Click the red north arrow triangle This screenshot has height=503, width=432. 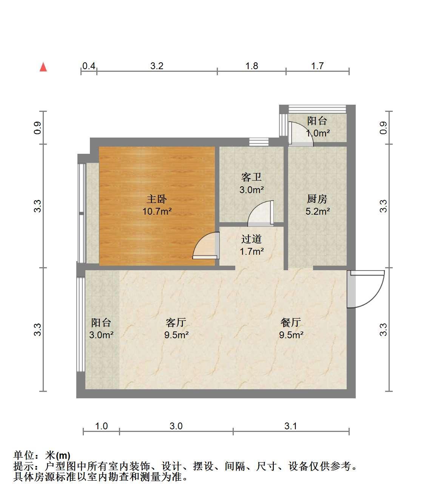(x=43, y=67)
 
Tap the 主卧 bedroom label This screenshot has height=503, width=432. (x=157, y=199)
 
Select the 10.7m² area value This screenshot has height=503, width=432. (x=157, y=211)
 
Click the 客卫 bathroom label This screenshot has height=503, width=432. (x=251, y=177)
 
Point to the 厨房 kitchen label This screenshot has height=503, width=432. (x=317, y=199)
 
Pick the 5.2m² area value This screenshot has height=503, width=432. (x=318, y=211)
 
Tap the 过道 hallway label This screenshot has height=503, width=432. (x=251, y=239)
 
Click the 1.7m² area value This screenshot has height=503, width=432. (x=252, y=251)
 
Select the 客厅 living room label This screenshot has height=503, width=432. (x=176, y=323)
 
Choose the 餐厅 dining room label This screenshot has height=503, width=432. (x=291, y=323)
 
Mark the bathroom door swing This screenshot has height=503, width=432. (x=261, y=213)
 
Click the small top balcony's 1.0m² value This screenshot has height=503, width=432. (x=318, y=133)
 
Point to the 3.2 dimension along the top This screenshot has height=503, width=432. (x=157, y=66)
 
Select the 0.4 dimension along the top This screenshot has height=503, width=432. (x=89, y=66)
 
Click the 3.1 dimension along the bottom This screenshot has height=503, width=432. (x=291, y=426)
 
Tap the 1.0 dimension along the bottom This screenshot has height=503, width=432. (x=101, y=426)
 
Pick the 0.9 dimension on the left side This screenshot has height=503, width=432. (x=37, y=128)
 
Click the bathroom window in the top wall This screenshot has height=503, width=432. (x=259, y=142)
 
